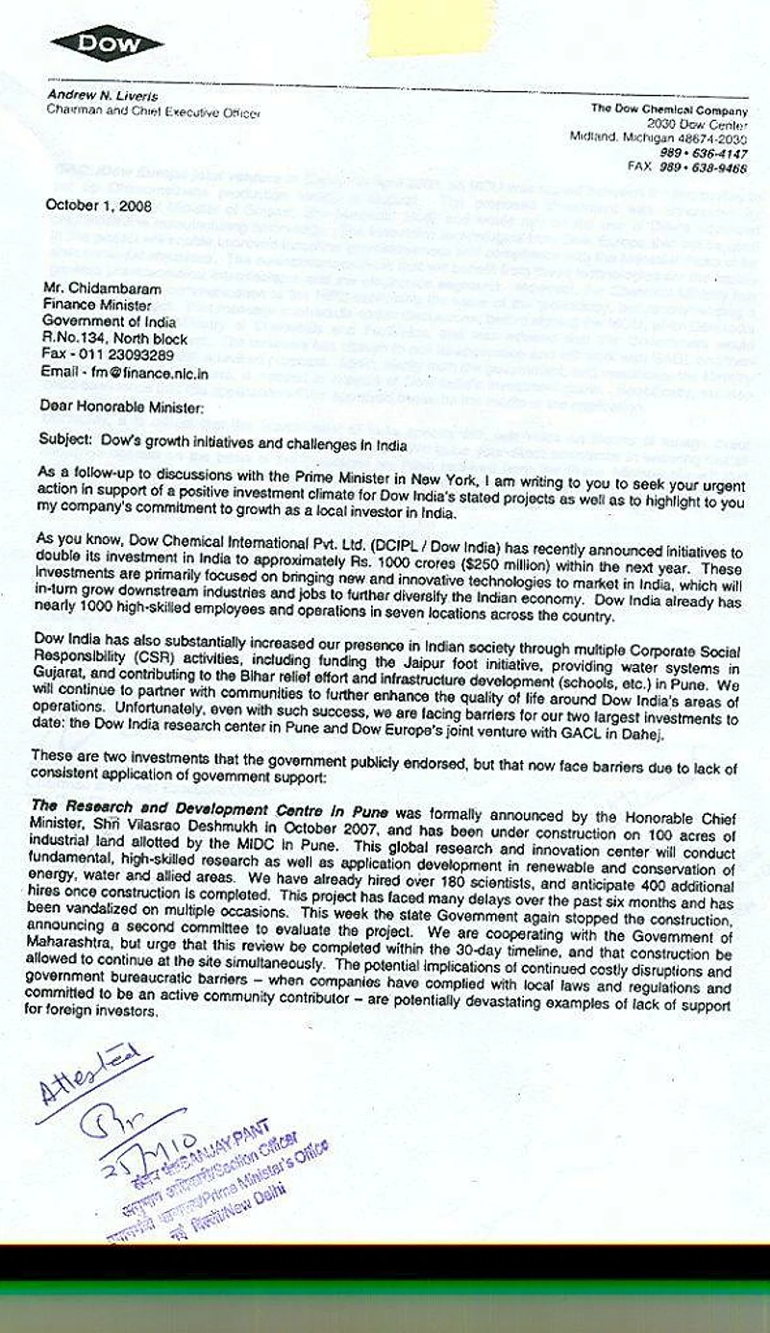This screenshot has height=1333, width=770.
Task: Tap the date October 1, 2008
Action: point(93,204)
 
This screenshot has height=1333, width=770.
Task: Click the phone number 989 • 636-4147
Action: point(704,152)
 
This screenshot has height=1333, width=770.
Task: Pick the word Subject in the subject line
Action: point(62,419)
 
